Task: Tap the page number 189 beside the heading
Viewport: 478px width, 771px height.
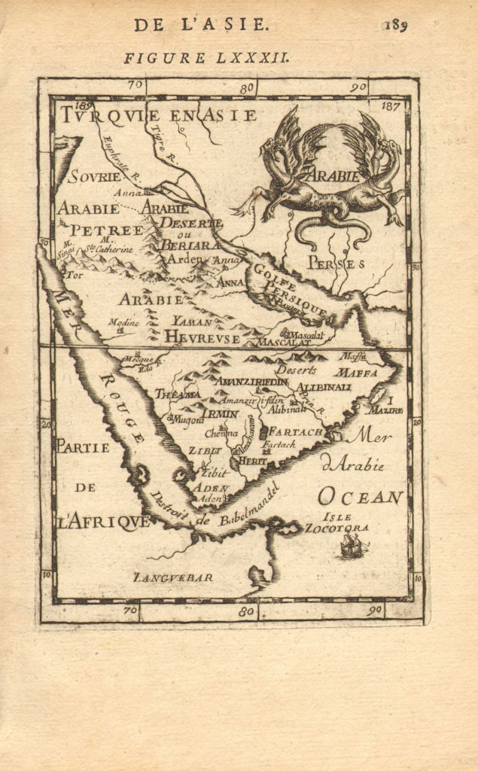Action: point(394,25)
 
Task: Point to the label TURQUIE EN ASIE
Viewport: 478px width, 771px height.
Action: point(160,115)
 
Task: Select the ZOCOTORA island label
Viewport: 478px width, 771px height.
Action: point(336,528)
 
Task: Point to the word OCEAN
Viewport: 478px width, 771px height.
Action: point(361,496)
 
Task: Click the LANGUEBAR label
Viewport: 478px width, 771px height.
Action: point(173,577)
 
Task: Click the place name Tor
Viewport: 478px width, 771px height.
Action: point(74,275)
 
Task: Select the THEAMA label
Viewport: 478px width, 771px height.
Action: point(178,393)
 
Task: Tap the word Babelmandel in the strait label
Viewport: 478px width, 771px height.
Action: point(245,507)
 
